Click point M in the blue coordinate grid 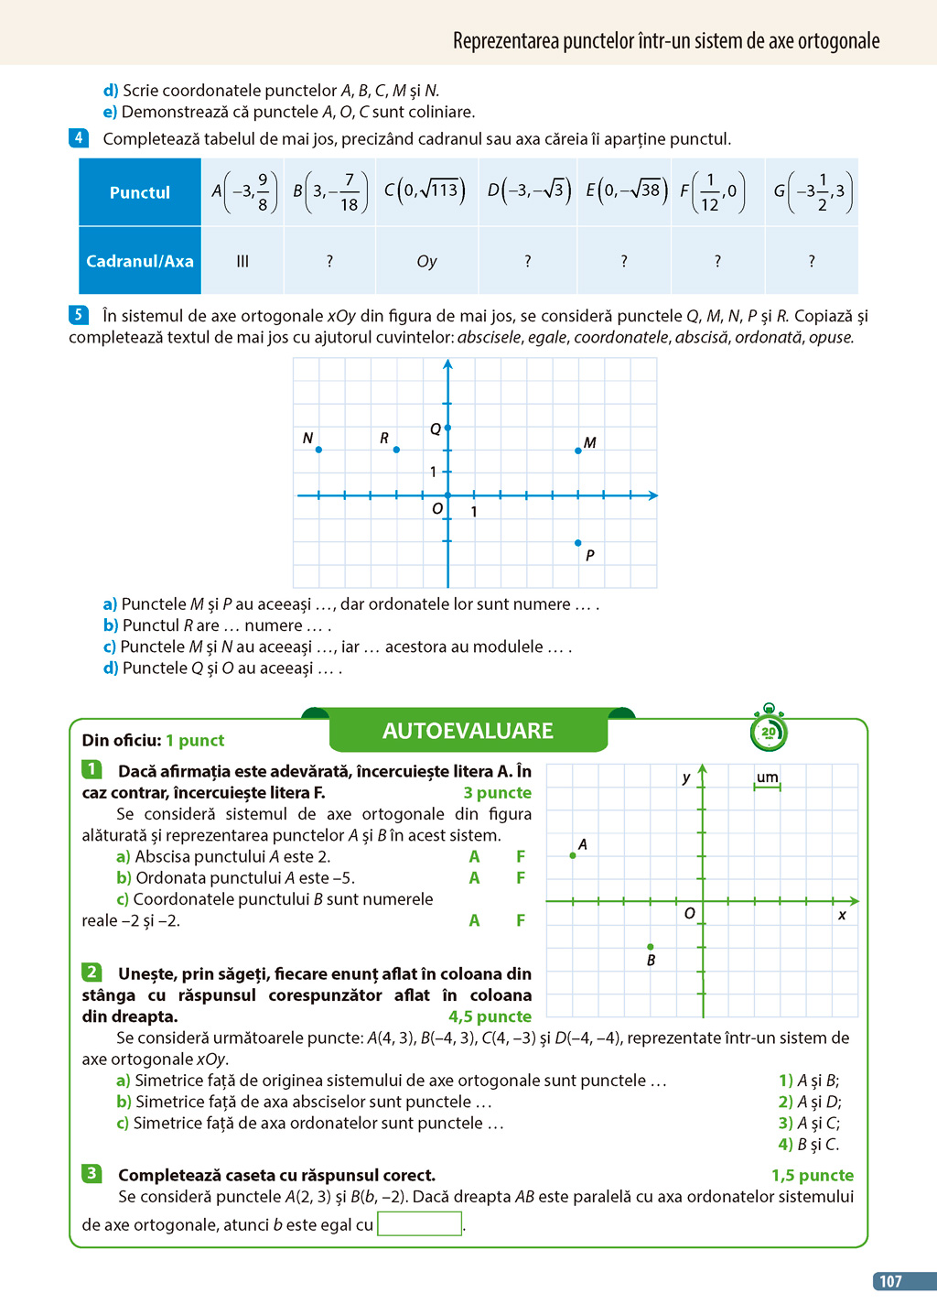578,451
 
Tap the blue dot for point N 318,450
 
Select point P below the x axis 578,543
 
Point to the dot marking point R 396,450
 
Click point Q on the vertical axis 447,428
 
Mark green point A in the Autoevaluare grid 573,855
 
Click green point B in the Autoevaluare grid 651,946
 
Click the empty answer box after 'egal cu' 419,1223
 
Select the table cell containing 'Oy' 426,261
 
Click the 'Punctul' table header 140,192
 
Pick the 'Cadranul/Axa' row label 140,261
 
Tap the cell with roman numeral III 242,261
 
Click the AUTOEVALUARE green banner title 468,731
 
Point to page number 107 890,1281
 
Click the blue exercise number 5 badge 79,315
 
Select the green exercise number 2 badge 92,973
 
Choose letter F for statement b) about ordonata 521,877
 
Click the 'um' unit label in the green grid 767,777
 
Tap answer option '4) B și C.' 808,1144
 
